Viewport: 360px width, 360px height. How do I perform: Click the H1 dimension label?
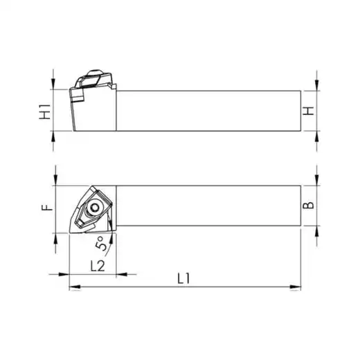(x=45, y=112)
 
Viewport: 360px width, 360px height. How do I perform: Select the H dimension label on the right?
(x=308, y=111)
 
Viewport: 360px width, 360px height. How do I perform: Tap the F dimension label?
(x=47, y=208)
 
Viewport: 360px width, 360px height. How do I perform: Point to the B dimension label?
(x=308, y=205)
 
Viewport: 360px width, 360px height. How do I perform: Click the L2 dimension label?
(x=98, y=266)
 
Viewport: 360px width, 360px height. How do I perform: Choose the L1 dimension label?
(x=183, y=278)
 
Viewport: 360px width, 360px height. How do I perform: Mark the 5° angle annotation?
(x=102, y=243)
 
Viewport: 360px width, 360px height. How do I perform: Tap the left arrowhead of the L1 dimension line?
(x=75, y=287)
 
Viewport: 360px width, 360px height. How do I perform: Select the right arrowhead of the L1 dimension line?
(x=296, y=287)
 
